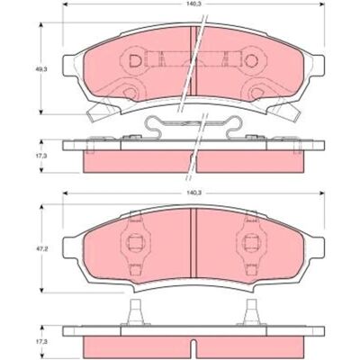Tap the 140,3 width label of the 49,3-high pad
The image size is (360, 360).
[193, 4]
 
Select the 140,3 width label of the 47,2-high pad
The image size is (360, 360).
[193, 193]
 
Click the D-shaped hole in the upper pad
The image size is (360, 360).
[135, 61]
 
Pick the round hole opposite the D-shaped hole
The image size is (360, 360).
[251, 61]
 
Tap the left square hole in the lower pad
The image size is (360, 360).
[135, 242]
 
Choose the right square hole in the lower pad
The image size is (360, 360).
[251, 242]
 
